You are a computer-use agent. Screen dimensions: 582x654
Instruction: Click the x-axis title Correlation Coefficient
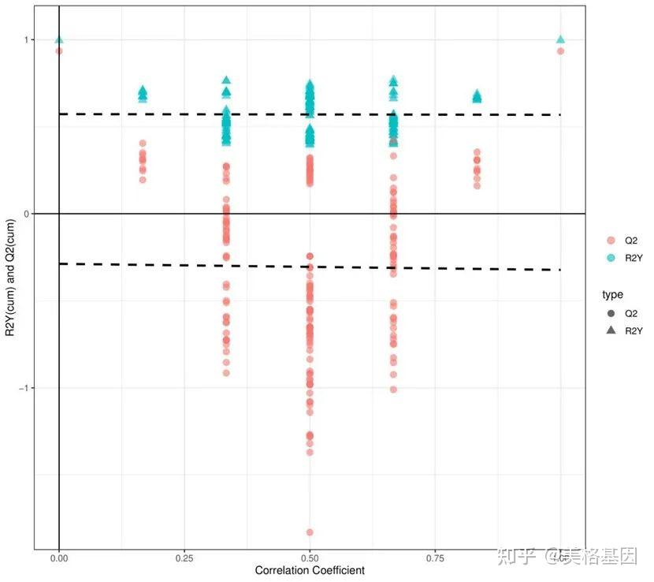pos(310,569)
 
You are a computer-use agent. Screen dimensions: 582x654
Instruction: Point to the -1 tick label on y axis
pos(24,388)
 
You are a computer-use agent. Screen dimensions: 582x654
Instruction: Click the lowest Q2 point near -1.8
pos(310,532)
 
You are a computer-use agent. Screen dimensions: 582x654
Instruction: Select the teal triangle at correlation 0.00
pos(59,39)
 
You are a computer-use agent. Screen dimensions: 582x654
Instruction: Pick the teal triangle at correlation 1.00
pos(560,39)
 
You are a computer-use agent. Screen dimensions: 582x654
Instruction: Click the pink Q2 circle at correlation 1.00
pos(560,51)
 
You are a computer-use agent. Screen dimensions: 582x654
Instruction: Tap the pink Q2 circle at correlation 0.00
pos(59,51)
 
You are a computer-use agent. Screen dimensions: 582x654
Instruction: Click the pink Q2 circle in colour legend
pos(610,240)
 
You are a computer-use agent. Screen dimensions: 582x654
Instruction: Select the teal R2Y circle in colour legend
pos(610,258)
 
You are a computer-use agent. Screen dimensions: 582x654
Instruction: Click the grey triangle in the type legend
pos(610,331)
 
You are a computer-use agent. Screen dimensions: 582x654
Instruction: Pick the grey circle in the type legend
pos(610,313)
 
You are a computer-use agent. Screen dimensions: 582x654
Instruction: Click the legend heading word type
pos(612,294)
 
